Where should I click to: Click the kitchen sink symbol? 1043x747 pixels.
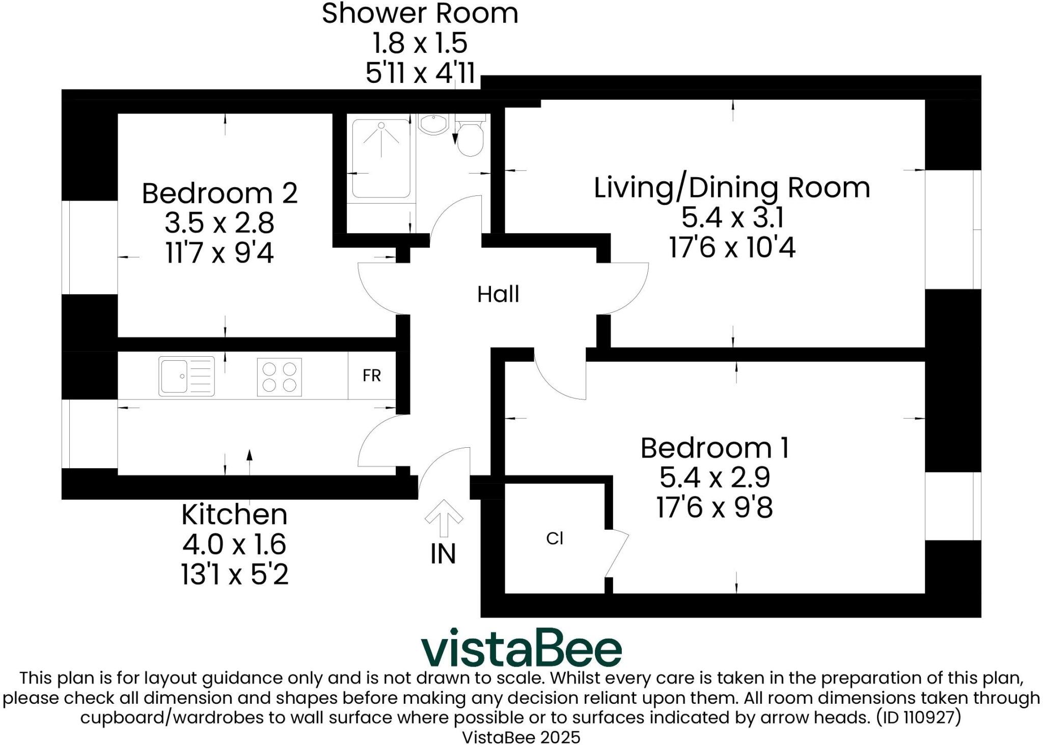(x=186, y=376)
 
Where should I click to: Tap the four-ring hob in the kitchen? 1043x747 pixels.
(x=279, y=377)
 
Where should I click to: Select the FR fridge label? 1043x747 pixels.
(x=371, y=376)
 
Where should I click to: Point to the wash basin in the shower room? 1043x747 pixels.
(x=432, y=124)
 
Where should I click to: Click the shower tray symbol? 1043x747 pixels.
(x=381, y=158)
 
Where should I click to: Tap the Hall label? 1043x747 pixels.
(x=498, y=295)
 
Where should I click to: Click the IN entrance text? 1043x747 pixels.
(x=443, y=554)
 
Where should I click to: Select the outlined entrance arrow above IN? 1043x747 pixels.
(x=444, y=517)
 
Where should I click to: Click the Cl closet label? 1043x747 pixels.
(x=554, y=538)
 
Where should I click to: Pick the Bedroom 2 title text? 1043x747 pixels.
(x=219, y=193)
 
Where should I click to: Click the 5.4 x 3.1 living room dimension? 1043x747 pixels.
(x=732, y=218)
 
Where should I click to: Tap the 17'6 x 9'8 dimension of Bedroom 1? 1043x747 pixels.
(x=714, y=507)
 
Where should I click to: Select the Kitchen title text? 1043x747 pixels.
(x=234, y=514)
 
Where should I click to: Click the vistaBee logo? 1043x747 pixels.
(x=520, y=648)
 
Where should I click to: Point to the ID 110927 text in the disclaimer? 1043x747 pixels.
(x=918, y=717)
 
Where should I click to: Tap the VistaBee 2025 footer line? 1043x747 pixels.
(x=520, y=737)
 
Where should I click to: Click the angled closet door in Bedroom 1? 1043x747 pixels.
(x=617, y=555)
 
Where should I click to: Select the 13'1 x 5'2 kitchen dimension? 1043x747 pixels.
(x=234, y=574)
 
